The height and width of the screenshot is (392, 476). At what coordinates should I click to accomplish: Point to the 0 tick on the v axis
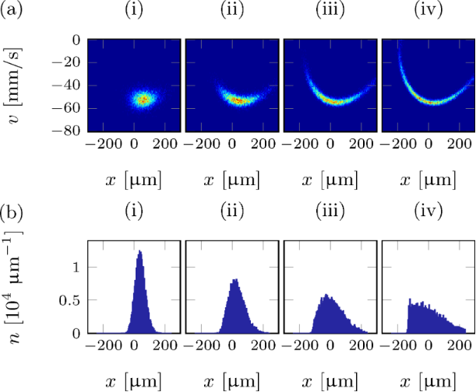click(76, 39)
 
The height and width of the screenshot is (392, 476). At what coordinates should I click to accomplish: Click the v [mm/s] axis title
click(17, 86)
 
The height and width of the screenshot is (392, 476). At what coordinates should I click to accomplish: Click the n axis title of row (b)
click(17, 288)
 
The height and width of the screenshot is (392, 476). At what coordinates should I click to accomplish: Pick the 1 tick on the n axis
click(76, 267)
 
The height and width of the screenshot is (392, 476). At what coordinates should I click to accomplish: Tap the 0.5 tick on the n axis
click(71, 300)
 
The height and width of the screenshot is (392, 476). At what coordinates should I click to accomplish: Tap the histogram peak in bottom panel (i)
click(139, 252)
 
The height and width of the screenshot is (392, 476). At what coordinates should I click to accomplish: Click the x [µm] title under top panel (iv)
click(428, 180)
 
